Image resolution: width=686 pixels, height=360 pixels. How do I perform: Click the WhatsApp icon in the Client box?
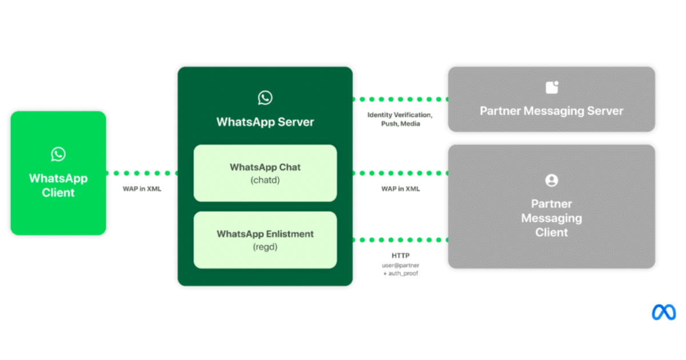[58, 154]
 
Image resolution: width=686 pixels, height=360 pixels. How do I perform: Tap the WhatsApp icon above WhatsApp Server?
[265, 98]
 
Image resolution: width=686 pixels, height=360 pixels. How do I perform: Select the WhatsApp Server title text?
[265, 122]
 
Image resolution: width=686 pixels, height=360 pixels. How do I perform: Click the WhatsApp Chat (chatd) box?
[265, 173]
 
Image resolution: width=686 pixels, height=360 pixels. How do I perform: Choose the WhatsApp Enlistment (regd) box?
[265, 240]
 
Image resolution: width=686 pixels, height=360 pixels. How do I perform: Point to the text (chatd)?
[265, 181]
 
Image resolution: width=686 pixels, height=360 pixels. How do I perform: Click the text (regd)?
[265, 247]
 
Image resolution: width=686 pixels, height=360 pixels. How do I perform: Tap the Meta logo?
[664, 312]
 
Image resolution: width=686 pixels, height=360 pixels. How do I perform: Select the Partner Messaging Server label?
[551, 111]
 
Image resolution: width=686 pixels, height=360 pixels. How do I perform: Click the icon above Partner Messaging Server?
[552, 87]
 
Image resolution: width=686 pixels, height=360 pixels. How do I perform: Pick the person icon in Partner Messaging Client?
[552, 181]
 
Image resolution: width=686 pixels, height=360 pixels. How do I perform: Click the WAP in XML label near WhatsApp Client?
[142, 189]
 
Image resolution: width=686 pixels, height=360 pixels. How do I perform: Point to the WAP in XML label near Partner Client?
[400, 189]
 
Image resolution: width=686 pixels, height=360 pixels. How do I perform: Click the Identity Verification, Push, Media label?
[400, 119]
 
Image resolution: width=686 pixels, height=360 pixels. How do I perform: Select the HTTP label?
[400, 256]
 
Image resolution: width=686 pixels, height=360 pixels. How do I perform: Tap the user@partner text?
[400, 265]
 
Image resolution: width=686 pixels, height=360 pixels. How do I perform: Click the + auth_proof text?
[400, 274]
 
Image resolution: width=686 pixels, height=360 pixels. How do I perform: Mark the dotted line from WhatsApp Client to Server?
[142, 173]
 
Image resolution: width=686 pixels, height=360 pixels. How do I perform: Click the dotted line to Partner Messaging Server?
[400, 99]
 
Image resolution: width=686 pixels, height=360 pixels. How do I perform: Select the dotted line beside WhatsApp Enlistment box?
[400, 240]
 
